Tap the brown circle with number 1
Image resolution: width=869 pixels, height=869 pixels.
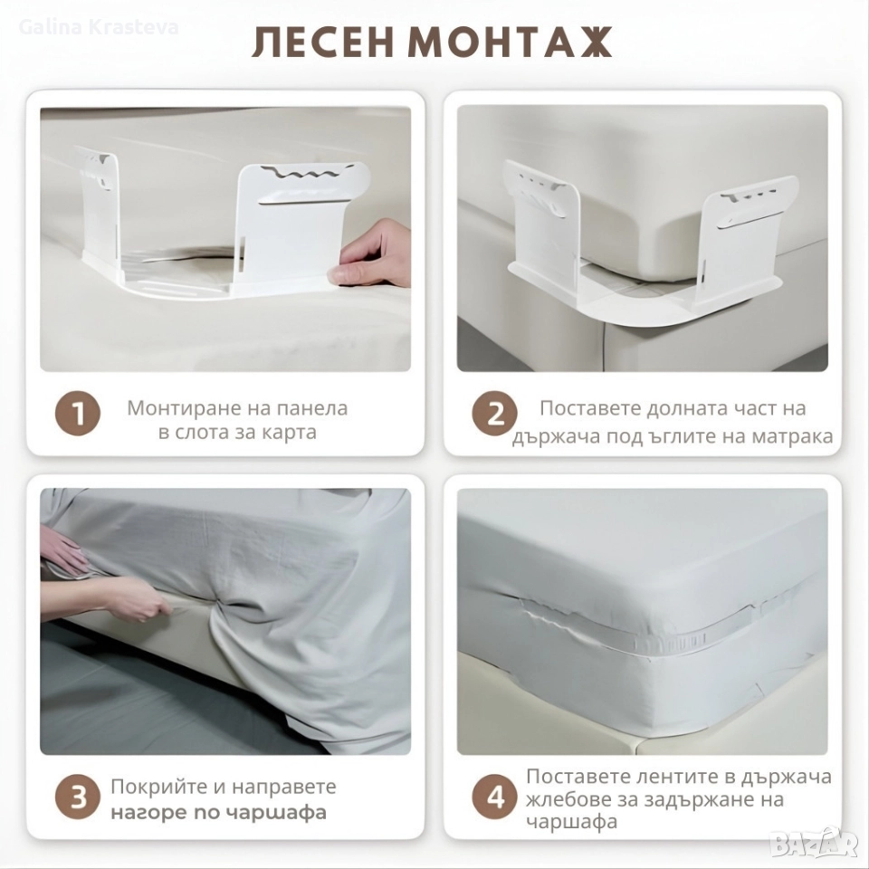pyautogui.click(x=78, y=414)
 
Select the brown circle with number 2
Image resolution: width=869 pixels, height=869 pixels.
pyautogui.click(x=494, y=414)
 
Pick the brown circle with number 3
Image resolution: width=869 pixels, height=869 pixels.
pyautogui.click(x=78, y=798)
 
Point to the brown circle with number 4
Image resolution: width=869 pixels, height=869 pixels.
pyautogui.click(x=494, y=798)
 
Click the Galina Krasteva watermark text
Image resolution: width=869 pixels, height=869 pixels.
pyautogui.click(x=99, y=27)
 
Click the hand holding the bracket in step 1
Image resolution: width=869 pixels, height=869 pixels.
pyautogui.click(x=368, y=254)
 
